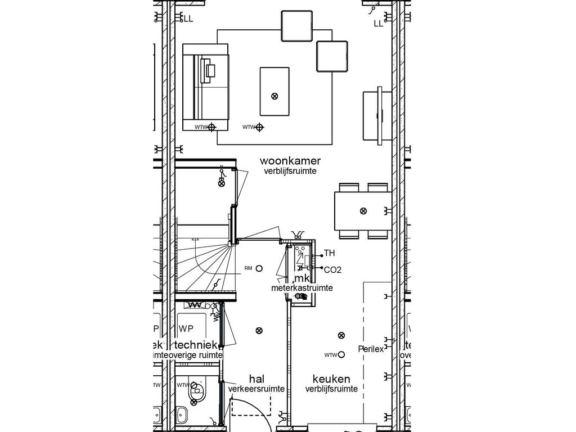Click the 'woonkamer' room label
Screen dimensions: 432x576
(290, 161)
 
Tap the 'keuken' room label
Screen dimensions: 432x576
(331, 379)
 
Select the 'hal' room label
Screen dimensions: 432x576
(256, 379)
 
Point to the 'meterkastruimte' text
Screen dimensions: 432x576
(301, 288)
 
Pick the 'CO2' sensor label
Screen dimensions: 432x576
(332, 270)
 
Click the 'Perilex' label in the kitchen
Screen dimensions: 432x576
(371, 349)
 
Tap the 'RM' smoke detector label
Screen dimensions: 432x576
(248, 268)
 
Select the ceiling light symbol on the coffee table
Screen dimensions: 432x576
(274, 96)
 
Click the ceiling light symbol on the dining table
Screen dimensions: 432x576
(363, 211)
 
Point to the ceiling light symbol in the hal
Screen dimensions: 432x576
(258, 330)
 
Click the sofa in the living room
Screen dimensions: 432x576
(206, 87)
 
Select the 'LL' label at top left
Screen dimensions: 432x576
(187, 19)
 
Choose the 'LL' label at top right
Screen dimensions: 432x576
(378, 24)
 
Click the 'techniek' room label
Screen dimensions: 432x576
(196, 345)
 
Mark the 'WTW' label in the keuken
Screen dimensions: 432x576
(330, 355)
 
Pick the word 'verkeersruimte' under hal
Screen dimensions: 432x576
(256, 389)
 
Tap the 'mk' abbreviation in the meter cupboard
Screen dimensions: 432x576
(302, 278)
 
